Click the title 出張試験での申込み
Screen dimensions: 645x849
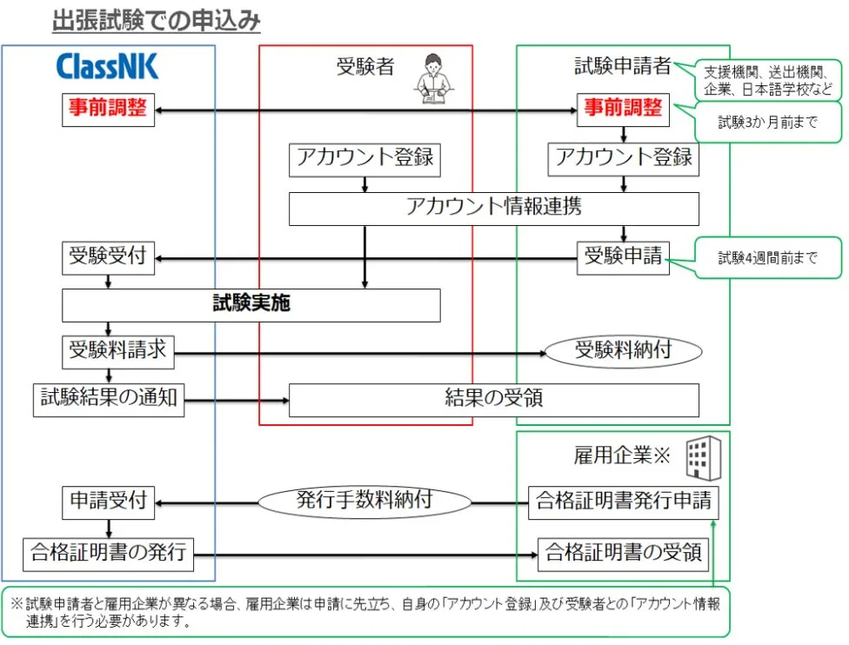pos(156,22)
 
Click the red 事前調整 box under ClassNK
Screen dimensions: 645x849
pos(108,110)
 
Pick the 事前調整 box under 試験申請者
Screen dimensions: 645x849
pos(622,110)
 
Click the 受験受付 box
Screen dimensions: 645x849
pos(108,258)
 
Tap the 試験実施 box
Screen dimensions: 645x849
pos(251,304)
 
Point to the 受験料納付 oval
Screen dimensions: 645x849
pos(623,352)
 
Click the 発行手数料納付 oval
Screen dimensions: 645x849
pos(364,502)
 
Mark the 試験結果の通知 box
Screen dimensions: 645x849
pos(109,399)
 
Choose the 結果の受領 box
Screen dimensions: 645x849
pos(493,399)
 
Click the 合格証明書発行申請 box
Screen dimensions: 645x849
pos(623,502)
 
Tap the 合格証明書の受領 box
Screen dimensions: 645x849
pos(623,553)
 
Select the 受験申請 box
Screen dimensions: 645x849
pos(623,258)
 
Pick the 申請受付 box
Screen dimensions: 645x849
pos(108,502)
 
